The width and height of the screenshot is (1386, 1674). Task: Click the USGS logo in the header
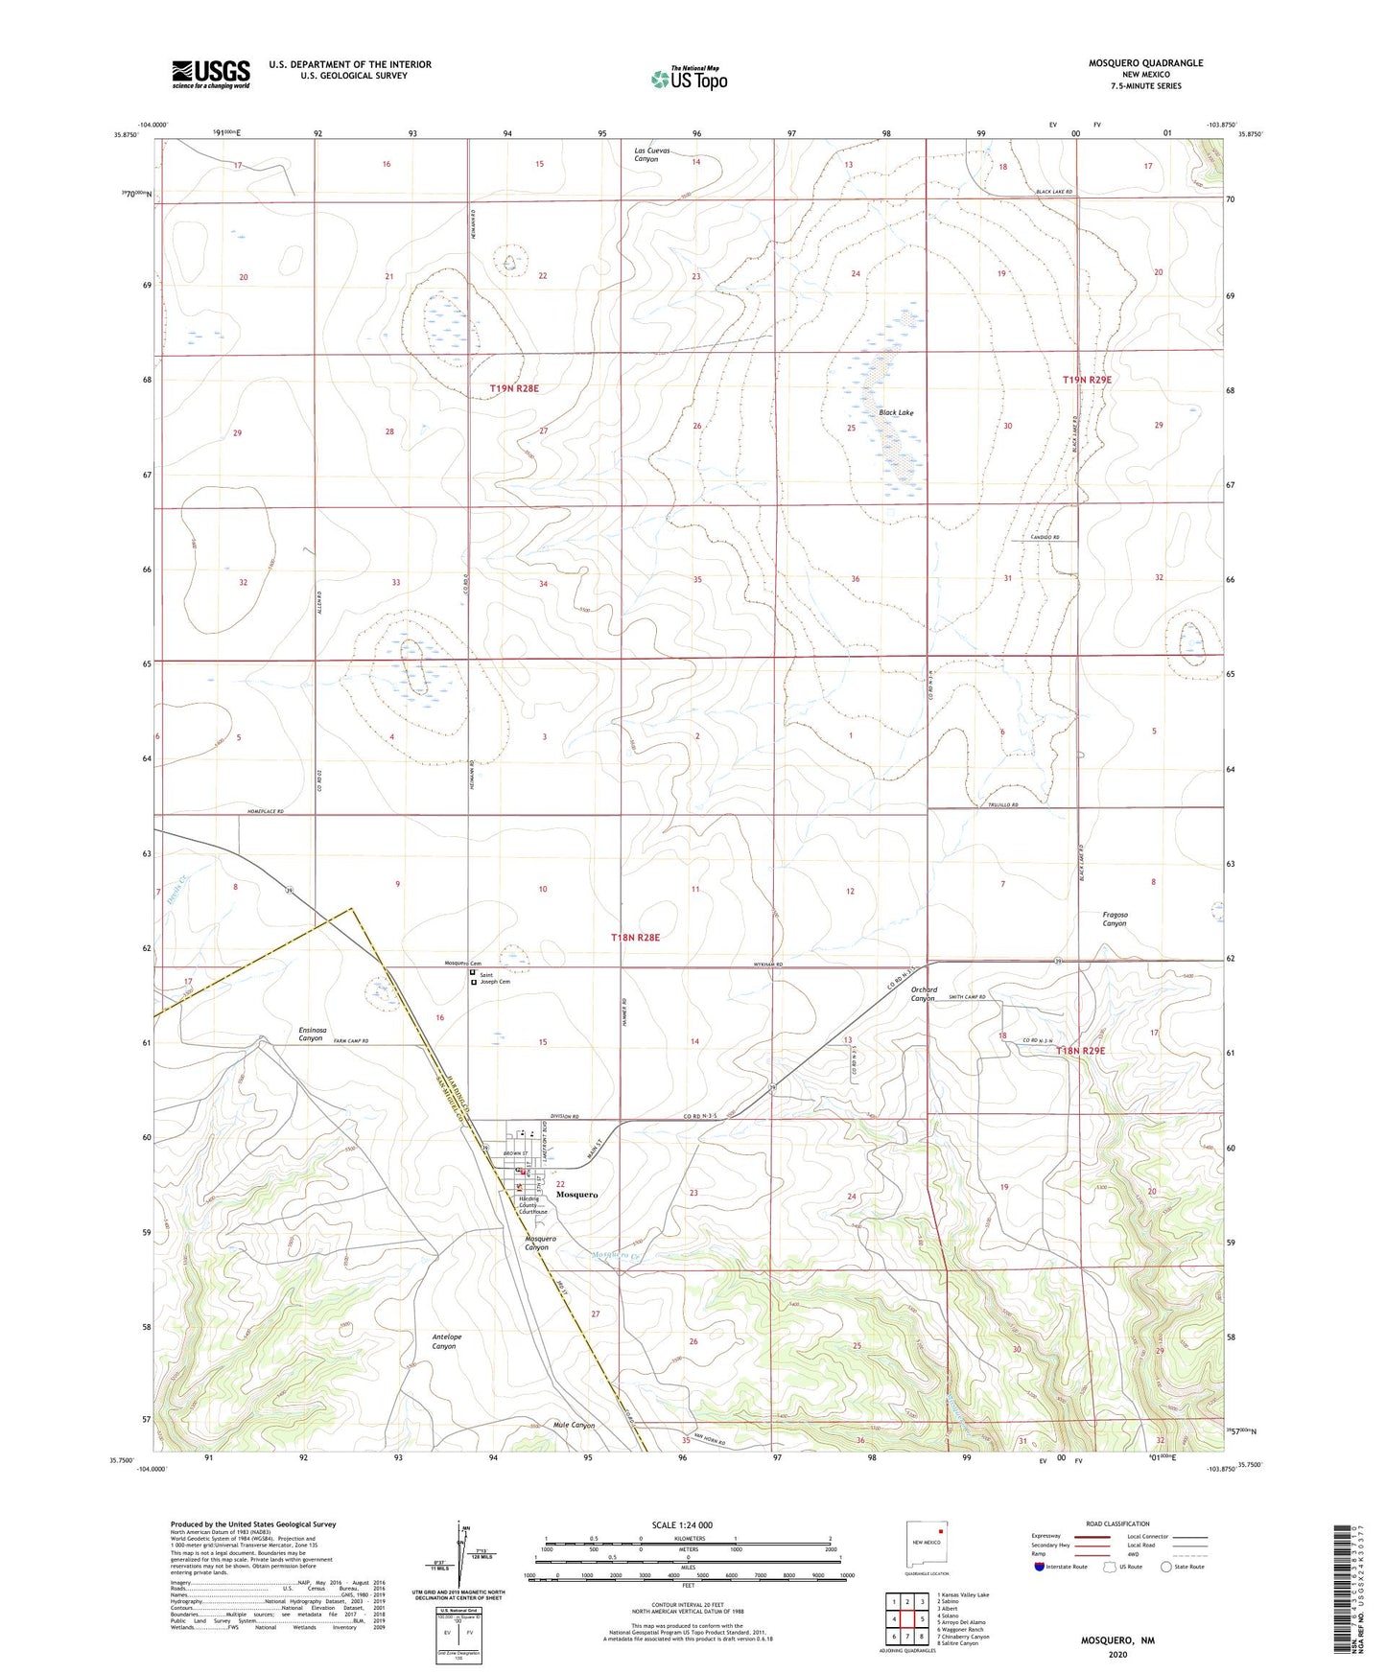point(211,74)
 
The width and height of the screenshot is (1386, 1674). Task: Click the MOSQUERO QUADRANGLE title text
point(1145,63)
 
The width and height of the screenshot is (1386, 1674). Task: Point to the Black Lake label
point(896,412)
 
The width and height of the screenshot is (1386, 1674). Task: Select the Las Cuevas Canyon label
point(652,154)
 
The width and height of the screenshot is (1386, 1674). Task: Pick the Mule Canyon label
point(574,1426)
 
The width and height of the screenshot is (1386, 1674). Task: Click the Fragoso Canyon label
point(1115,918)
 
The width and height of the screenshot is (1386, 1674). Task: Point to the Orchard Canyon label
point(923,993)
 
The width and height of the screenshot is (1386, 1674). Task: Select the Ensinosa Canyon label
point(311,1034)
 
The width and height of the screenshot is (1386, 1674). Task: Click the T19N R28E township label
point(514,388)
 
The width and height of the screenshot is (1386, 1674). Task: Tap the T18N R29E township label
point(1081,1051)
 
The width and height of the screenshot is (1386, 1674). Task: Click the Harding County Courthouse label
point(533,1205)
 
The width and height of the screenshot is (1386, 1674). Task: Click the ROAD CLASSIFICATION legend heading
point(1116,1523)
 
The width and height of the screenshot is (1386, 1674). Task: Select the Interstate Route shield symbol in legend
point(1040,1567)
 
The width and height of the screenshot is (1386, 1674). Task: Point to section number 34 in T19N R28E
point(543,584)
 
